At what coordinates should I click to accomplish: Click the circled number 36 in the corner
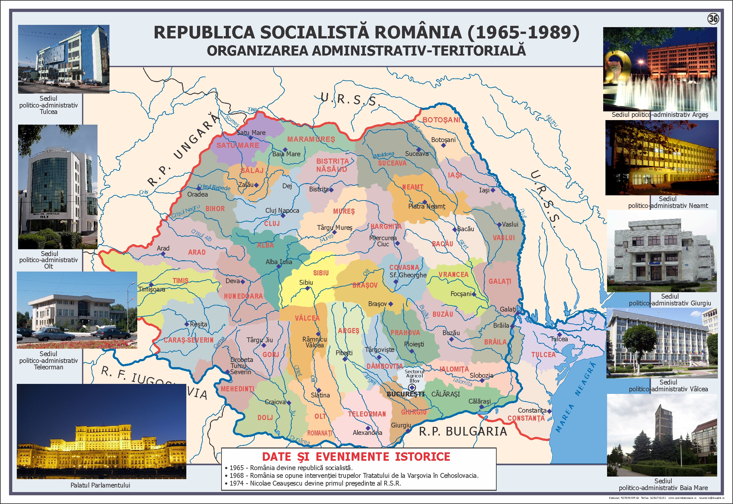[713, 19]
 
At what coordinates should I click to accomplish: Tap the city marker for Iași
[493, 190]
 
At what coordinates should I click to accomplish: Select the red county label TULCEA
[543, 355]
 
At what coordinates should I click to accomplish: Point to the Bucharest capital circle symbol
[412, 387]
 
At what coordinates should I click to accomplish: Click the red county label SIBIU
[321, 273]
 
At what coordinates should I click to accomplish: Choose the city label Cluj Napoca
[282, 211]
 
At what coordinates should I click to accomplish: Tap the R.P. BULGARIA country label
[463, 431]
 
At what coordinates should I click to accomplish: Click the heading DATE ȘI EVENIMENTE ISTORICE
[356, 457]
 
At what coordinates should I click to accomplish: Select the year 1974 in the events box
[236, 483]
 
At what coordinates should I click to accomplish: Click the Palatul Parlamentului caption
[100, 485]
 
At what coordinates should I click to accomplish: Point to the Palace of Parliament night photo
[101, 431]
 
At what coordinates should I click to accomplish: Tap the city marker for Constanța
[549, 411]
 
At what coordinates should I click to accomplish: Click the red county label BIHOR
[215, 209]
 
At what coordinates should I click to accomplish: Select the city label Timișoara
[152, 289]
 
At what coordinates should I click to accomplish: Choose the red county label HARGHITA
[386, 226]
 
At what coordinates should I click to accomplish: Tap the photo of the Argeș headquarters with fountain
[660, 69]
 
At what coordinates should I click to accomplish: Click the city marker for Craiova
[289, 403]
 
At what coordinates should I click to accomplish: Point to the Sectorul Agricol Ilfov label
[414, 376]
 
